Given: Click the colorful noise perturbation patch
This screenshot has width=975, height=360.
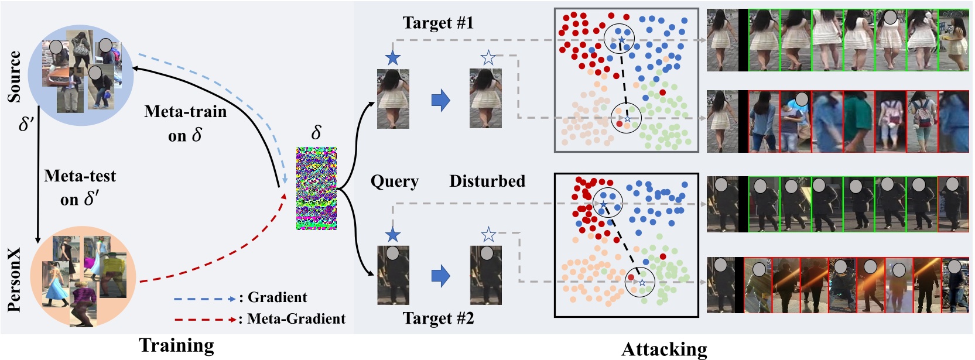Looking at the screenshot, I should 316,188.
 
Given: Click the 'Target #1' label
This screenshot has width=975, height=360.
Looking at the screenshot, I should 437,23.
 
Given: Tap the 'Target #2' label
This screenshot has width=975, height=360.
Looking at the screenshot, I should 438,318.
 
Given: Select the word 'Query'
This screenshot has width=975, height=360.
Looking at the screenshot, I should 394,181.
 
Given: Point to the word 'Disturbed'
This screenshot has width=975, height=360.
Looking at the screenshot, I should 487,181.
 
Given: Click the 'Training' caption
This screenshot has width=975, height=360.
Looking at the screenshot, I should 176,345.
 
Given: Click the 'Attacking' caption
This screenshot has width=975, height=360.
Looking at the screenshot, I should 664,349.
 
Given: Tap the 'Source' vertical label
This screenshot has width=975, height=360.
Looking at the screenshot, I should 14,76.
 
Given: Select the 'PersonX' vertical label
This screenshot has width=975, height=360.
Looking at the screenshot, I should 14,279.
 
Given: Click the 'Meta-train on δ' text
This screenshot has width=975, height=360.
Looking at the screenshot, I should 185,123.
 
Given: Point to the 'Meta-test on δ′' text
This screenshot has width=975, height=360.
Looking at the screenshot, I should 80,187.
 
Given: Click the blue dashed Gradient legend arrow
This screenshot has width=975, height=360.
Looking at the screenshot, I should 204,299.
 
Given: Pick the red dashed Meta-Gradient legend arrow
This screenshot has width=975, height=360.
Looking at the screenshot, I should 204,320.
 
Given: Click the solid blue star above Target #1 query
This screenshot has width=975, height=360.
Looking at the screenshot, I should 393,58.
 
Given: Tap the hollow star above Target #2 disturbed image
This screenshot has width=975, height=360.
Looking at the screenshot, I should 488,235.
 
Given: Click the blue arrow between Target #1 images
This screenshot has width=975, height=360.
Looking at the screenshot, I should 440,100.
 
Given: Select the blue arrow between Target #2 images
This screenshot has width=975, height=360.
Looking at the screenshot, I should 440,276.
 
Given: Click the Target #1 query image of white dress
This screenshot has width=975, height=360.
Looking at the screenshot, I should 393,98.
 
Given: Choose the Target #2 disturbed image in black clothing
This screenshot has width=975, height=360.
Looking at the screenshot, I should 486,275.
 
